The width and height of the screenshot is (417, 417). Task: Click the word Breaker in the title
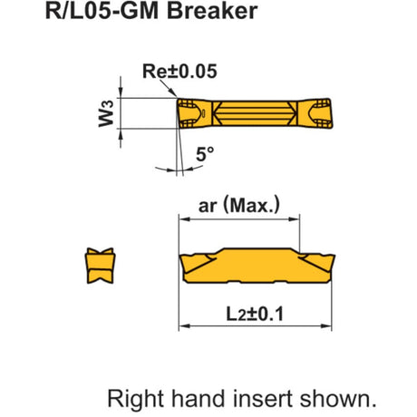click(212, 11)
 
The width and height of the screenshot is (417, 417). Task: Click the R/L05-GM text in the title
click(102, 11)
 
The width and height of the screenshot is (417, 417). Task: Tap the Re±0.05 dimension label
click(179, 72)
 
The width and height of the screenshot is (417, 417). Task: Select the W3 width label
click(106, 113)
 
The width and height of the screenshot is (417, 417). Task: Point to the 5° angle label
click(205, 154)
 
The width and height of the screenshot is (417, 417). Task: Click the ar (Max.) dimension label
click(239, 206)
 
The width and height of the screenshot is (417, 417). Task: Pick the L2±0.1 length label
click(255, 314)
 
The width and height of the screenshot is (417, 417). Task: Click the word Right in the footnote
click(136, 399)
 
